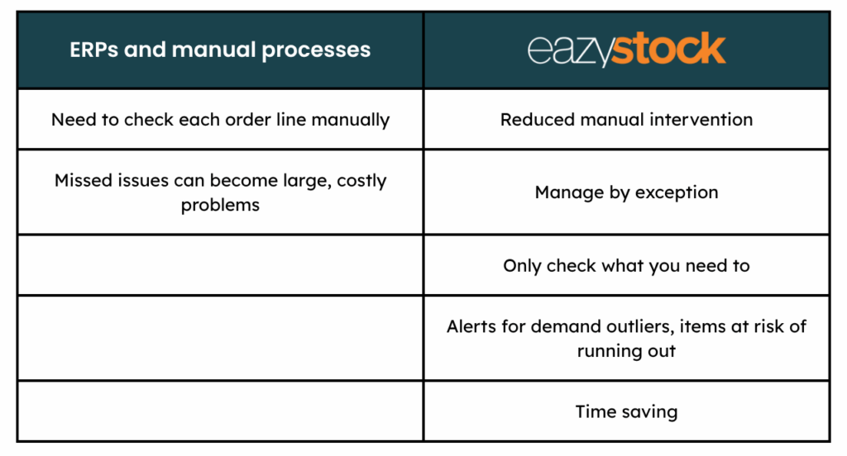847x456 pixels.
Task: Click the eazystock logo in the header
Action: [626, 49]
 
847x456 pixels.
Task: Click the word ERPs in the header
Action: [93, 50]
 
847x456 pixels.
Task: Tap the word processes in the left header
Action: [316, 50]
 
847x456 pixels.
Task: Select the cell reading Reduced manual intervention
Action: [627, 119]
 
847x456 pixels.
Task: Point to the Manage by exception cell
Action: [627, 192]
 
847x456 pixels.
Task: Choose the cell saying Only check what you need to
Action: [627, 265]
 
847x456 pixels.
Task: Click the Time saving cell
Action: [627, 411]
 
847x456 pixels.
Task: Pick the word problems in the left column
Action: [220, 206]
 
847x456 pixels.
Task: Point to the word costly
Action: [362, 181]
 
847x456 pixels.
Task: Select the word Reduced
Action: [538, 119]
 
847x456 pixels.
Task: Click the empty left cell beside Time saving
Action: [220, 411]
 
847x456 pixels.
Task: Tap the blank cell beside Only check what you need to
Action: [220, 265]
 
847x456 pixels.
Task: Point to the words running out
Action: [626, 351]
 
